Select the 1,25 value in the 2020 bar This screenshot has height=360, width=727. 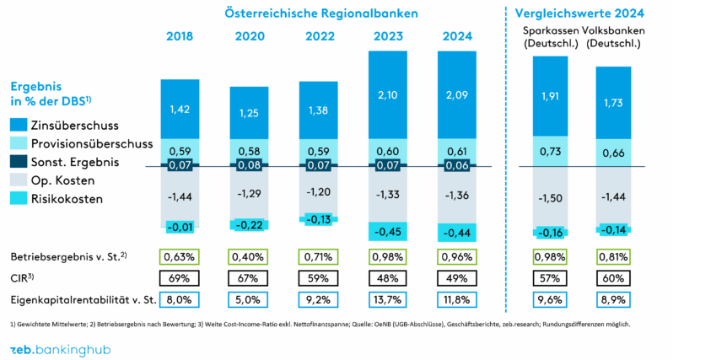tap(249, 113)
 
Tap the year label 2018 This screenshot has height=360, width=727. tap(180, 36)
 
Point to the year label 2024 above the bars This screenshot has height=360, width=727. tap(456, 36)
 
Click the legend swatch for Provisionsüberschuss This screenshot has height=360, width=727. tap(19, 143)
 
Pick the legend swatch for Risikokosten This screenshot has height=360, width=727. tap(19, 199)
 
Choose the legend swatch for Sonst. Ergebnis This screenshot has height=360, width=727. tap(19, 162)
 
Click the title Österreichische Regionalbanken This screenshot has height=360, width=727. tap(321, 13)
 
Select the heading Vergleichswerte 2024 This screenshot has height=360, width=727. tap(579, 13)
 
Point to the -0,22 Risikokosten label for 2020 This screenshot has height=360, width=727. tap(249, 225)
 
